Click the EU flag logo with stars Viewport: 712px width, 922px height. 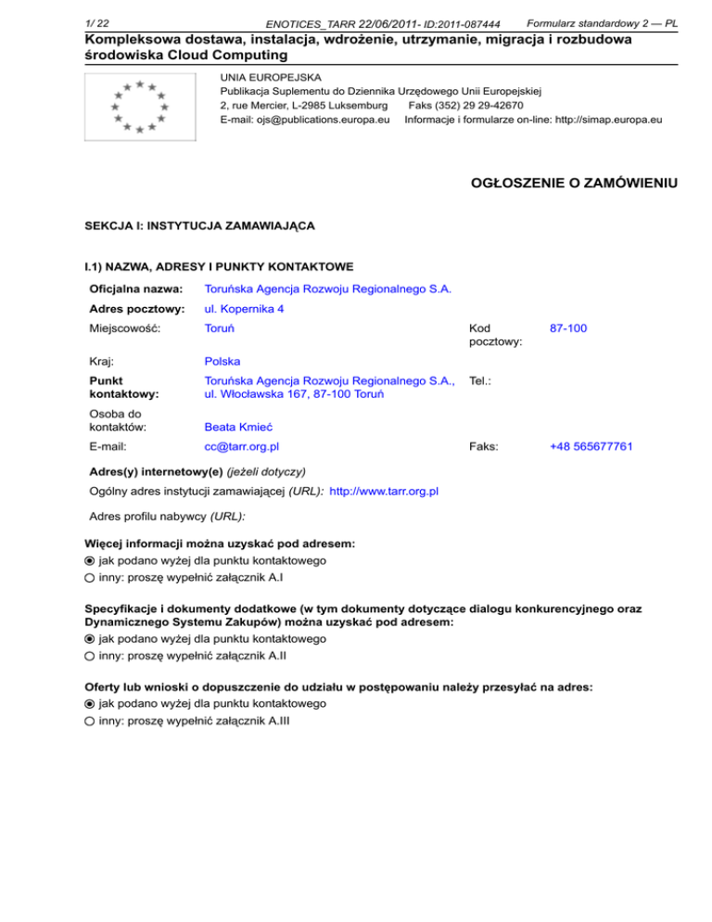point(139,108)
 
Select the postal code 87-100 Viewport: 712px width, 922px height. point(568,328)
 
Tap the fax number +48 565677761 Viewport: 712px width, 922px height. point(591,446)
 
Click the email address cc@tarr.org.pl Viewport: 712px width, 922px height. point(240,446)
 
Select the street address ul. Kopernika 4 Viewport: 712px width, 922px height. point(244,308)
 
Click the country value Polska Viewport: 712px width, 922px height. point(222,360)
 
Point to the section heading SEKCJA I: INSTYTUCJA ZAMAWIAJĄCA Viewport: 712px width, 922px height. point(200,225)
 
